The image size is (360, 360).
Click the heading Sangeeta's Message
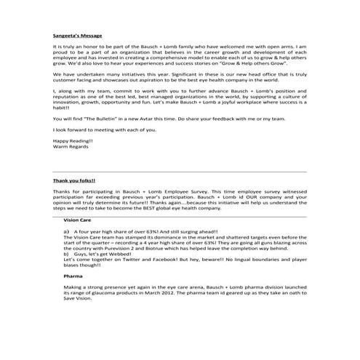(x=76, y=34)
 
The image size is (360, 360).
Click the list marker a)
(x=66, y=230)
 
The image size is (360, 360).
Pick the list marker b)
(x=66, y=253)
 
